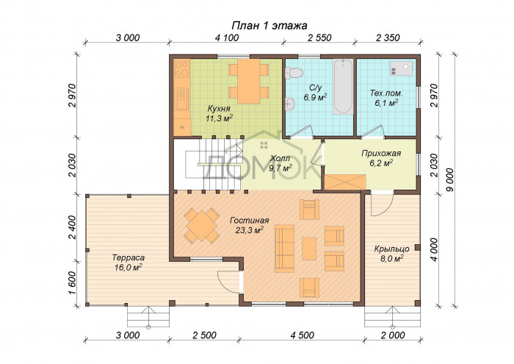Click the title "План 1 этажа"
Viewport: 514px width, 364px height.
(x=269, y=26)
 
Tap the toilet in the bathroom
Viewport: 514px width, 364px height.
(x=294, y=73)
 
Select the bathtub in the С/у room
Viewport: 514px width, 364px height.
(x=343, y=87)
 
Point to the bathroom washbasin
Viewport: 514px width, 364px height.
(x=290, y=104)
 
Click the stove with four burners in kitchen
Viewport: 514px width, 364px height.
(x=182, y=68)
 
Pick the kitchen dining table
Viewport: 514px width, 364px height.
(x=249, y=81)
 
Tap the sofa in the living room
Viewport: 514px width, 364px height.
(x=284, y=248)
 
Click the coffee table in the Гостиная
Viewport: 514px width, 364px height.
(x=309, y=249)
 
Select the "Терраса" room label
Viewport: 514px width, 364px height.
(x=128, y=257)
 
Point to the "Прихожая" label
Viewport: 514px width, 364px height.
(x=381, y=153)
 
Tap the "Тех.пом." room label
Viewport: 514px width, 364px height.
(x=386, y=93)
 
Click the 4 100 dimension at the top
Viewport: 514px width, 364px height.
(x=227, y=38)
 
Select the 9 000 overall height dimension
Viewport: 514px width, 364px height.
(x=450, y=180)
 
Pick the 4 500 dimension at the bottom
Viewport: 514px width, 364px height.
(x=302, y=335)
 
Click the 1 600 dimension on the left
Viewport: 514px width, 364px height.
(x=73, y=283)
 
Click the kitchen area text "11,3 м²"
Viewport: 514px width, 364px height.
(x=220, y=118)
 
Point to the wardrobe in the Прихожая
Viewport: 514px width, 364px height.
(x=345, y=182)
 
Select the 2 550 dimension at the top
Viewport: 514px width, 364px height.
(x=319, y=38)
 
